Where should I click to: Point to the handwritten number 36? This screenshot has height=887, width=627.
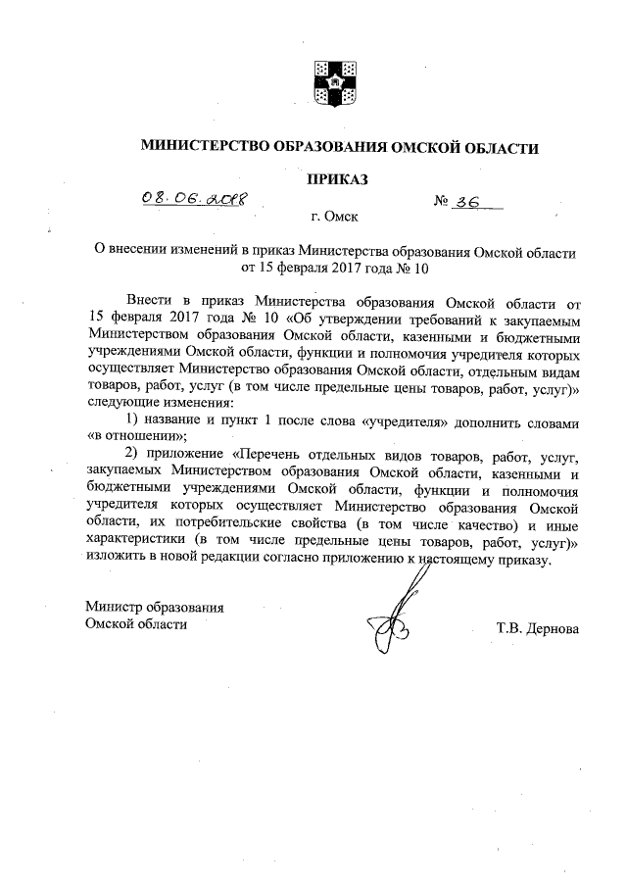476,202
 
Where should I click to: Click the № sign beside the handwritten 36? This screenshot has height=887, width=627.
443,203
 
